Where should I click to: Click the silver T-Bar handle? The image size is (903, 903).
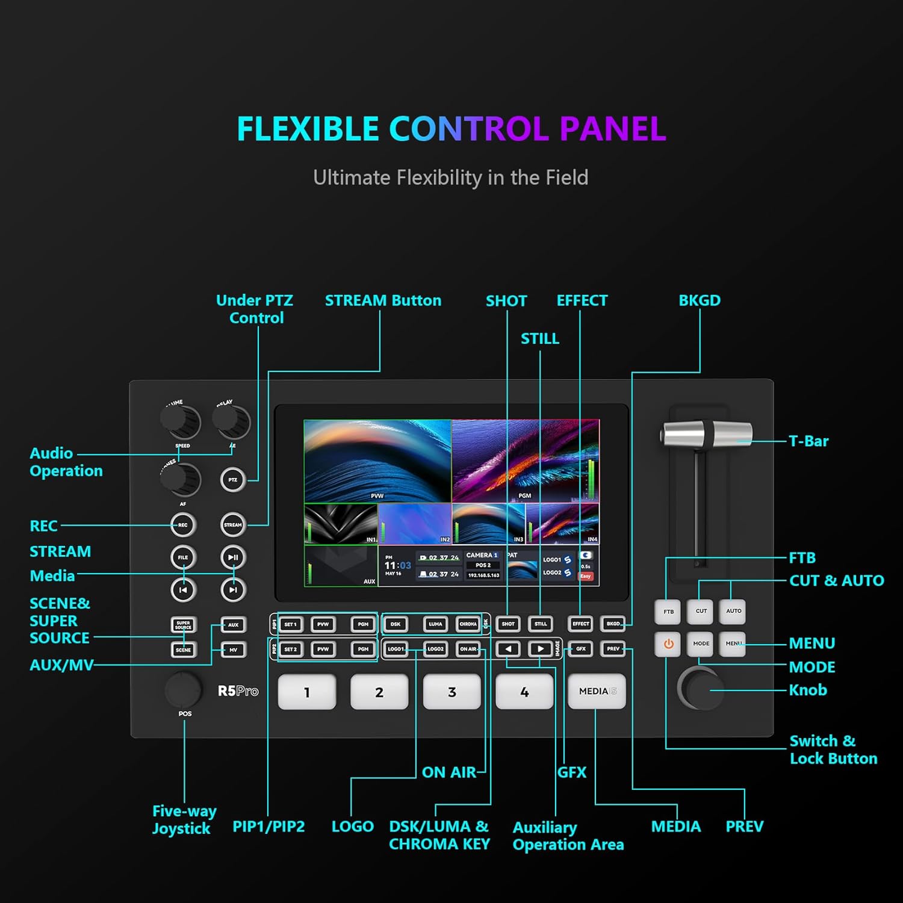coord(707,434)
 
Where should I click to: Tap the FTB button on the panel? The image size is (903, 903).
coord(668,612)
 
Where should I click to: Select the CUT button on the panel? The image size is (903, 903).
coord(701,611)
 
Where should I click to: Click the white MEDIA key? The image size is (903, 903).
coord(597,691)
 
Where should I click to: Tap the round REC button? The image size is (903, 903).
coord(183,525)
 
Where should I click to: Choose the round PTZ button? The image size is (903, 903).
coord(233,480)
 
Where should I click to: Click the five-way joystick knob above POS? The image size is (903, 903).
coord(183,689)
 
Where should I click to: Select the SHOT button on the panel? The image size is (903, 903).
coord(508,624)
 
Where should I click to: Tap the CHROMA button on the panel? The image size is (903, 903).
coord(468,624)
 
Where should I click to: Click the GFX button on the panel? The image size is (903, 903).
coord(580,649)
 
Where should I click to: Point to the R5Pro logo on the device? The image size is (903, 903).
coord(238,691)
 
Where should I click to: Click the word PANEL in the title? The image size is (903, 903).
coord(613,129)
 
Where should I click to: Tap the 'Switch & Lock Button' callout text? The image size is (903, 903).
coord(833,749)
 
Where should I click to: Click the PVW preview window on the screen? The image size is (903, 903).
coord(377,461)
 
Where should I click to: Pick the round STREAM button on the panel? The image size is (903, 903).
coord(233,525)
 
